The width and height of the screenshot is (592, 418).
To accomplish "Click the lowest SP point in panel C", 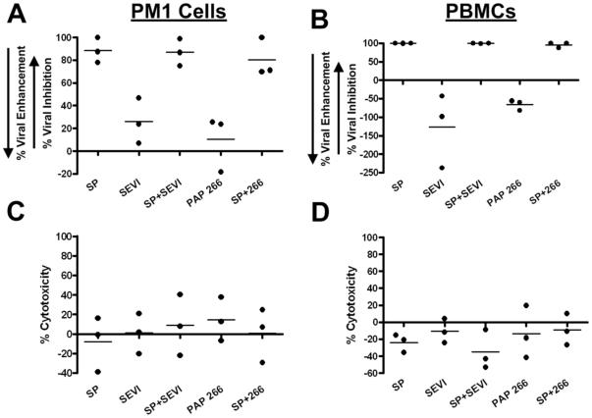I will coord(94,372).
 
